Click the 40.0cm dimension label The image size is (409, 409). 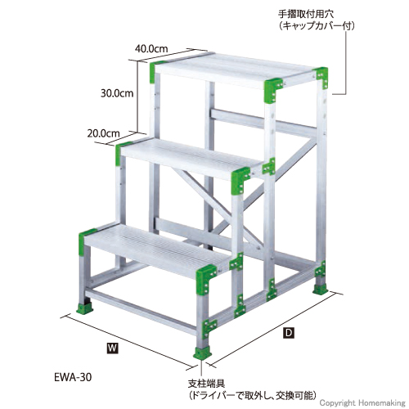point(151,49)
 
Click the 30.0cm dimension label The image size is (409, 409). point(117,93)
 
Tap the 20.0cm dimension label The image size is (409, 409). point(103,133)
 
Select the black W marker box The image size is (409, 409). point(113,348)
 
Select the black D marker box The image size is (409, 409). point(289,333)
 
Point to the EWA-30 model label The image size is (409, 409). point(73,377)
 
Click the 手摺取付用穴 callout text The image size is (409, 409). point(306,14)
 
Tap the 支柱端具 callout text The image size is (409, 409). point(206,384)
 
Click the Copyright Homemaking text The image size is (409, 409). point(362,403)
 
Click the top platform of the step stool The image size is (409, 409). point(235,69)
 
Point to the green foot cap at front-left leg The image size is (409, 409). point(84,309)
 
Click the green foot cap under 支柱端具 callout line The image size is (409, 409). point(203,353)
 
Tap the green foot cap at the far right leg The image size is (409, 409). point(320,290)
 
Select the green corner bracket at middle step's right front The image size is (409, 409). point(240,180)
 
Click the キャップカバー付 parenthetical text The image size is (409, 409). point(317,26)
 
